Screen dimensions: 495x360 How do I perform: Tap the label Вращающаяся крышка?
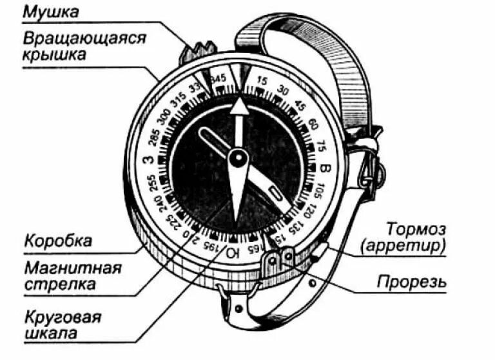tap(84, 45)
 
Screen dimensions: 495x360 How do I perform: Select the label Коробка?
tap(57, 241)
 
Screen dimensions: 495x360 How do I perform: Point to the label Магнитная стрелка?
tap(72, 275)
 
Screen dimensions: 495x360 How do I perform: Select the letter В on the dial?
tap(324, 169)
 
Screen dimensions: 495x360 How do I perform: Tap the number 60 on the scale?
tap(313, 124)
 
